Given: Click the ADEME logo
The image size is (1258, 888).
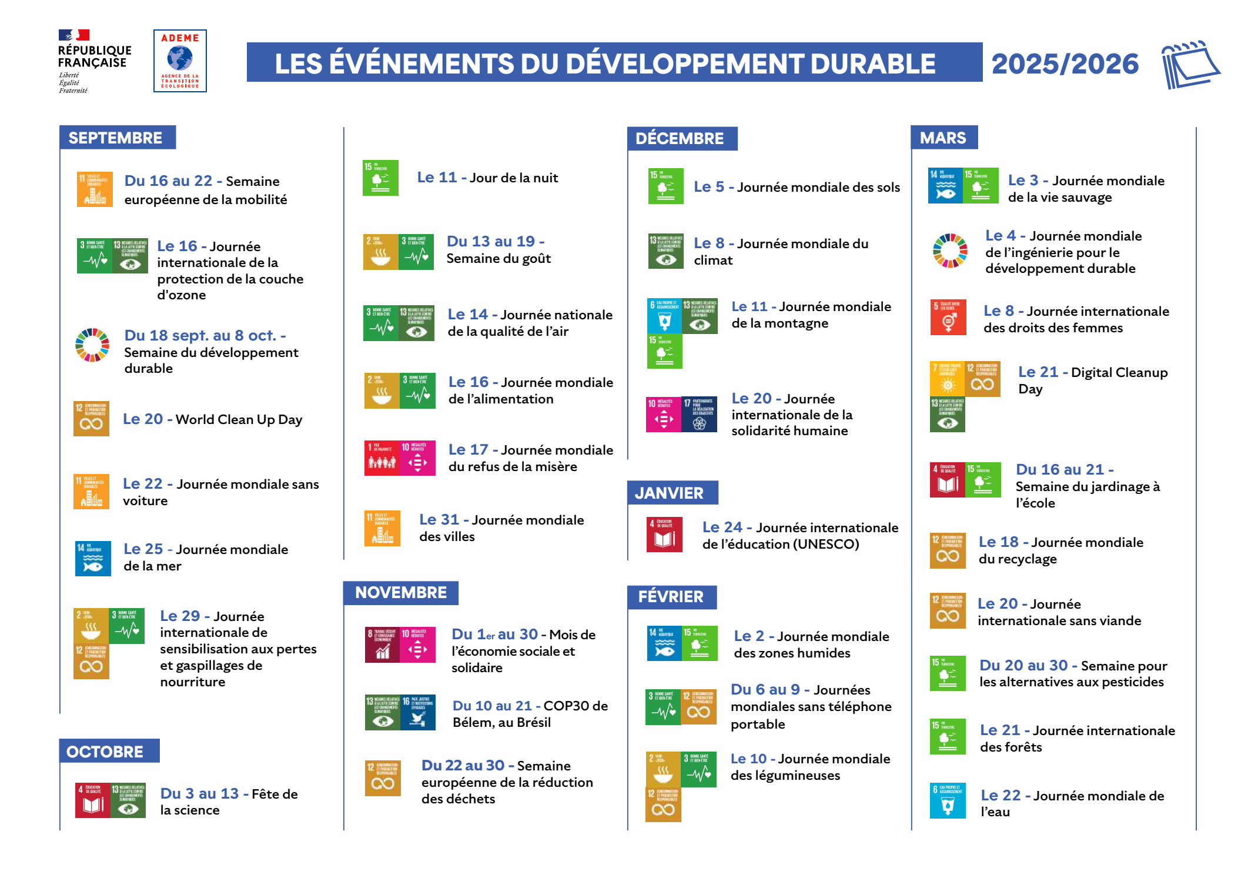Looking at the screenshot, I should tap(180, 61).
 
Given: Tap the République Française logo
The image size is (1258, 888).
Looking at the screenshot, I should tap(94, 61).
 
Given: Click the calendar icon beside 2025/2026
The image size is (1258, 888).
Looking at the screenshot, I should tap(1190, 64).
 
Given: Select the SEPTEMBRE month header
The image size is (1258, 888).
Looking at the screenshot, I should tap(116, 138).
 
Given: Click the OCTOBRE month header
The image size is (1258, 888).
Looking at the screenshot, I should tap(106, 752).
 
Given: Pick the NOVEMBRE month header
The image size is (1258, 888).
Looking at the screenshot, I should tap(401, 593).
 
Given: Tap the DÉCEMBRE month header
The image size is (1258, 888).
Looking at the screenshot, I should tap(680, 139).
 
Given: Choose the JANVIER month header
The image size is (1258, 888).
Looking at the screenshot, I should tap(670, 493).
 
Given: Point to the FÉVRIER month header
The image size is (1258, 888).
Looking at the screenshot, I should tap(671, 597).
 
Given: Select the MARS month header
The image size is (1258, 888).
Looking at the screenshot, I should tap(943, 138).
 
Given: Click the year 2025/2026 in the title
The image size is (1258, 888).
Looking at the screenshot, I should tap(1065, 64).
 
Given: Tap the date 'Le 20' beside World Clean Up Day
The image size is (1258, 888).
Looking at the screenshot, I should tap(143, 419).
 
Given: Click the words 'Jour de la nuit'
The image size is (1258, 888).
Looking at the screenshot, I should tap(514, 178).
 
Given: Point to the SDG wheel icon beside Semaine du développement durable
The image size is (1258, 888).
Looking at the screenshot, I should tap(92, 345).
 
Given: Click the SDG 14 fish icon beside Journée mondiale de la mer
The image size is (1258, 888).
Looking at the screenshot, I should tap(93, 559).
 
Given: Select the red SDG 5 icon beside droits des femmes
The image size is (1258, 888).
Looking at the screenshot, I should tap(948, 317).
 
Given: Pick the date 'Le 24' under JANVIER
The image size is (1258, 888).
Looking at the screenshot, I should tap(722, 528).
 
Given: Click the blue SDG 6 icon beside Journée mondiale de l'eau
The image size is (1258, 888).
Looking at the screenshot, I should tap(948, 801).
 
